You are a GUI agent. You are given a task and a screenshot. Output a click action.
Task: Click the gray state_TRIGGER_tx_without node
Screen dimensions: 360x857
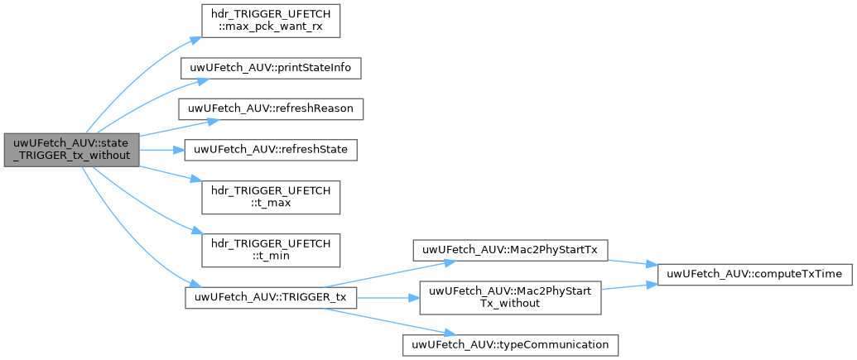point(70,150)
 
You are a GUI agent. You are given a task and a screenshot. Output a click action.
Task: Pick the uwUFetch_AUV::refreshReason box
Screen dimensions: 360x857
point(270,109)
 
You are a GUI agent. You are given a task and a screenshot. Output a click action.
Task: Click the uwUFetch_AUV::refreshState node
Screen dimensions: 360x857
point(270,150)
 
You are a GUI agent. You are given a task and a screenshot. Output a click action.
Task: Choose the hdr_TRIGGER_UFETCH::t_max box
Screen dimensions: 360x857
point(270,196)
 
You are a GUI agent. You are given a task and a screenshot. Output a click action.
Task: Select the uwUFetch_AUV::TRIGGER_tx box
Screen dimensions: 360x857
point(270,297)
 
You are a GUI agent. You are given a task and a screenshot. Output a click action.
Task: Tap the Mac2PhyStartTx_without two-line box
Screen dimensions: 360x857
point(510,297)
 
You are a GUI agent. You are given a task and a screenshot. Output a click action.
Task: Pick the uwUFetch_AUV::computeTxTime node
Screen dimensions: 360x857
point(754,273)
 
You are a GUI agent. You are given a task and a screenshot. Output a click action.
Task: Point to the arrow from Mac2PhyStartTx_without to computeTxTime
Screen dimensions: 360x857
point(629,286)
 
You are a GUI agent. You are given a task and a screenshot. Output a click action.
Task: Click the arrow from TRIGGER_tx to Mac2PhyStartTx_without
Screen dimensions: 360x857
point(388,297)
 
